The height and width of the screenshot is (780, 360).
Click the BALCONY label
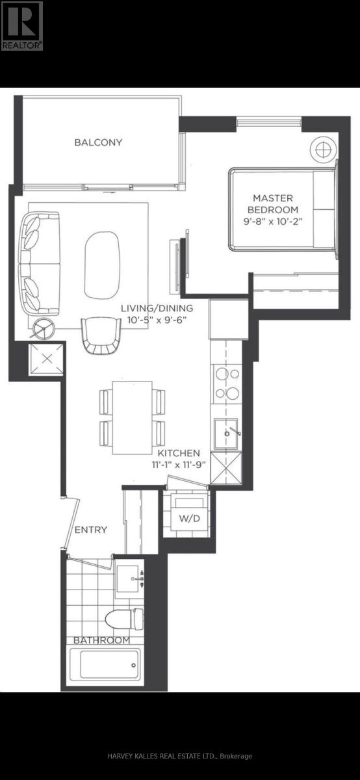[x=98, y=142]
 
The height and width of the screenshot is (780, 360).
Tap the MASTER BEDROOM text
[x=273, y=204]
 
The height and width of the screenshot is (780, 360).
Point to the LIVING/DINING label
[x=157, y=308]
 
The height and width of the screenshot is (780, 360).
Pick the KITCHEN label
[x=179, y=453]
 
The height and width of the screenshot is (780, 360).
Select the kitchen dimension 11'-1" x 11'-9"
[x=179, y=465]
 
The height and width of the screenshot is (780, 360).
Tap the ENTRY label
[x=91, y=530]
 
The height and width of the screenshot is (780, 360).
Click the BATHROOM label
[x=101, y=640]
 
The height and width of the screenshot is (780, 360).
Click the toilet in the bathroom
[x=124, y=619]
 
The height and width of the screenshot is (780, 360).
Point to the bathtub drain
[x=133, y=666]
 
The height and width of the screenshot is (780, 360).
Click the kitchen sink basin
[x=225, y=434]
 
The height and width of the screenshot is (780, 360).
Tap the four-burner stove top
[x=227, y=383]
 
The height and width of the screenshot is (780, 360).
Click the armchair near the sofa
[x=101, y=335]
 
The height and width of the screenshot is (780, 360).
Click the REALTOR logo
[x=21, y=25]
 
